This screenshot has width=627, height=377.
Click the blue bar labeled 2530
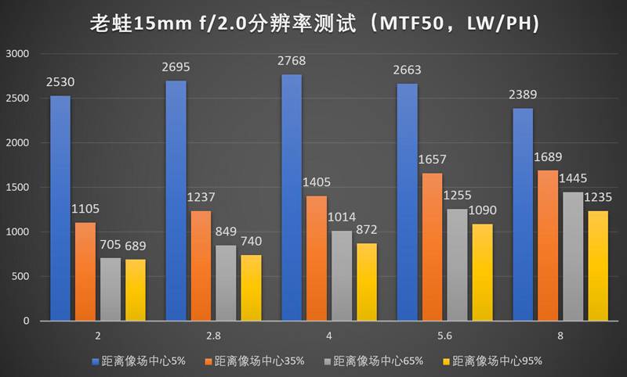(60, 208)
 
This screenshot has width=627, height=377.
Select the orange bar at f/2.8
(201, 266)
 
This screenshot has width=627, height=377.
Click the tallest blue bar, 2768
(292, 197)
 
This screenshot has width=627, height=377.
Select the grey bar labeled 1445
(574, 257)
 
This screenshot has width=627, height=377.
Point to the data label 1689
(549, 157)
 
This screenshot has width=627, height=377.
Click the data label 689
(135, 246)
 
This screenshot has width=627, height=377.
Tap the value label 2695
(176, 67)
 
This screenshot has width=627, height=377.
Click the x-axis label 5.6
(444, 335)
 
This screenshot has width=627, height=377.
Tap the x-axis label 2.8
(213, 335)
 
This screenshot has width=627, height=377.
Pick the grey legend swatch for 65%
(328, 361)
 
